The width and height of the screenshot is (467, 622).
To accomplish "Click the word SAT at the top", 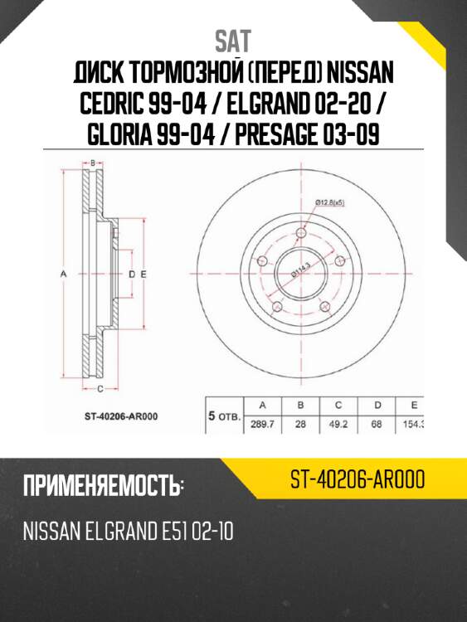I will click(x=233, y=40).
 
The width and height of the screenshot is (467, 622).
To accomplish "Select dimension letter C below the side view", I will click(x=100, y=388).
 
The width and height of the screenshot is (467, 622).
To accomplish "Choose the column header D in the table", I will click(x=377, y=406).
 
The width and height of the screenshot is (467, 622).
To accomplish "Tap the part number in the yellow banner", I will click(x=358, y=479).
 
